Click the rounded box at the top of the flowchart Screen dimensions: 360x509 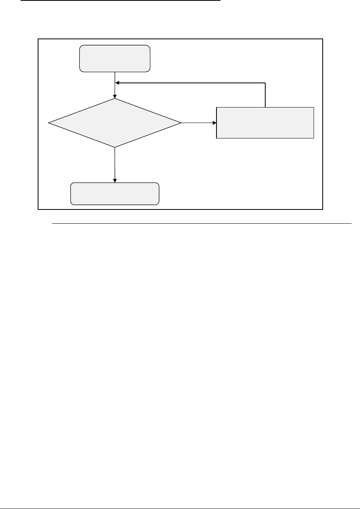pyautogui.click(x=115, y=58)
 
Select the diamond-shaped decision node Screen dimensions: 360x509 pyautogui.click(x=115, y=123)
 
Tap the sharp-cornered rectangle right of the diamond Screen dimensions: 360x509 pyautogui.click(x=265, y=122)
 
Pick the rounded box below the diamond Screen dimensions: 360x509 pyautogui.click(x=115, y=194)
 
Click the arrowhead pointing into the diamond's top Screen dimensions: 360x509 pyautogui.click(x=115, y=96)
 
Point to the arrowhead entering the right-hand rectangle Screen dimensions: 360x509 pyautogui.click(x=214, y=123)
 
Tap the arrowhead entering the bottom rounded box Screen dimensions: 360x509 pyautogui.click(x=115, y=181)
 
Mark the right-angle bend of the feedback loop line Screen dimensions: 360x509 pyautogui.click(x=265, y=83)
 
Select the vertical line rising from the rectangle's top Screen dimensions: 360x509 pyautogui.click(x=265, y=95)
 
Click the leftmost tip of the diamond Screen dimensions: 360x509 pyautogui.click(x=49, y=123)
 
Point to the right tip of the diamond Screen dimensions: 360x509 pyautogui.click(x=181, y=123)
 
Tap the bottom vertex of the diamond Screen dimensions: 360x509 pyautogui.click(x=115, y=147)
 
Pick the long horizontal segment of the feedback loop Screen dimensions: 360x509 pyautogui.click(x=190, y=83)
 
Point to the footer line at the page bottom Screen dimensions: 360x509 pyautogui.click(x=180, y=508)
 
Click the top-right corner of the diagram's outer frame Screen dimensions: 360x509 pyautogui.click(x=323, y=39)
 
